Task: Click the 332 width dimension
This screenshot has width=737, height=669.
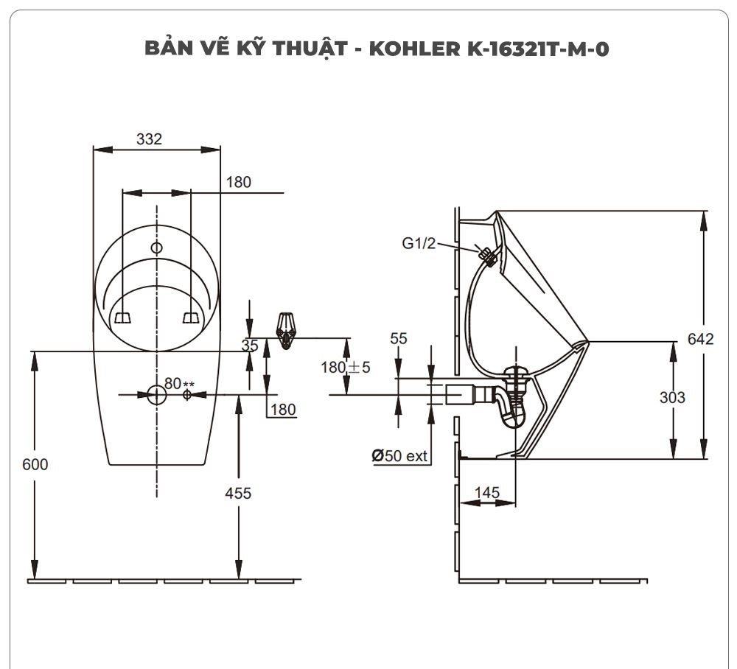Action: pos(149,139)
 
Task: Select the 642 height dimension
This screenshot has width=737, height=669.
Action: pos(701,339)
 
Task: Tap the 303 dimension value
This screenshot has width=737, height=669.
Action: pos(671,397)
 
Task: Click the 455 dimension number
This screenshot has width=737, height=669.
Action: pos(237,493)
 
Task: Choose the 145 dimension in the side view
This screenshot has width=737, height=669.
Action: pos(487,491)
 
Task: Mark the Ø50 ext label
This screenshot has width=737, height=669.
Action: pos(399,456)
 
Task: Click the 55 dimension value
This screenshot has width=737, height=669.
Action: pos(399,339)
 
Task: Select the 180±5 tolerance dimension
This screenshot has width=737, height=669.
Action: pos(345,366)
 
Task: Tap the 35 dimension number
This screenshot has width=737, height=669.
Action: pos(250,345)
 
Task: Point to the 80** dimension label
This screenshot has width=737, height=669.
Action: pos(178,383)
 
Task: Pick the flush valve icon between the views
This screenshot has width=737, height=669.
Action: pos(286,329)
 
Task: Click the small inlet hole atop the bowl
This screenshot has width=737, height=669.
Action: pos(156,248)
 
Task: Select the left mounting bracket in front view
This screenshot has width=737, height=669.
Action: pos(122,317)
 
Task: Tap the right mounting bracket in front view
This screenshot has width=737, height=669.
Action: pos(191,317)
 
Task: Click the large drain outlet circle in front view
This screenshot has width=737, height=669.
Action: pos(156,395)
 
